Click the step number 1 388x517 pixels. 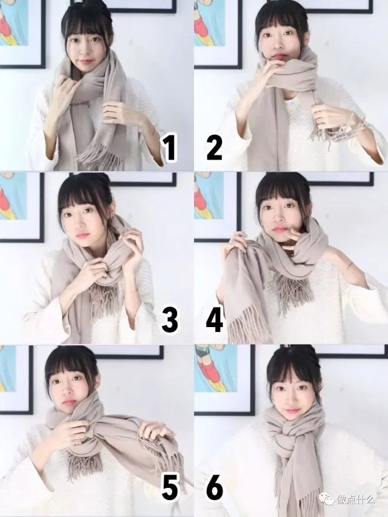(x=170, y=149)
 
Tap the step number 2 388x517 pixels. (x=214, y=148)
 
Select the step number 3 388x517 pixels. (x=170, y=320)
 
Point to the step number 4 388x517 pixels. (x=214, y=320)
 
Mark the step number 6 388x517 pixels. (x=214, y=488)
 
